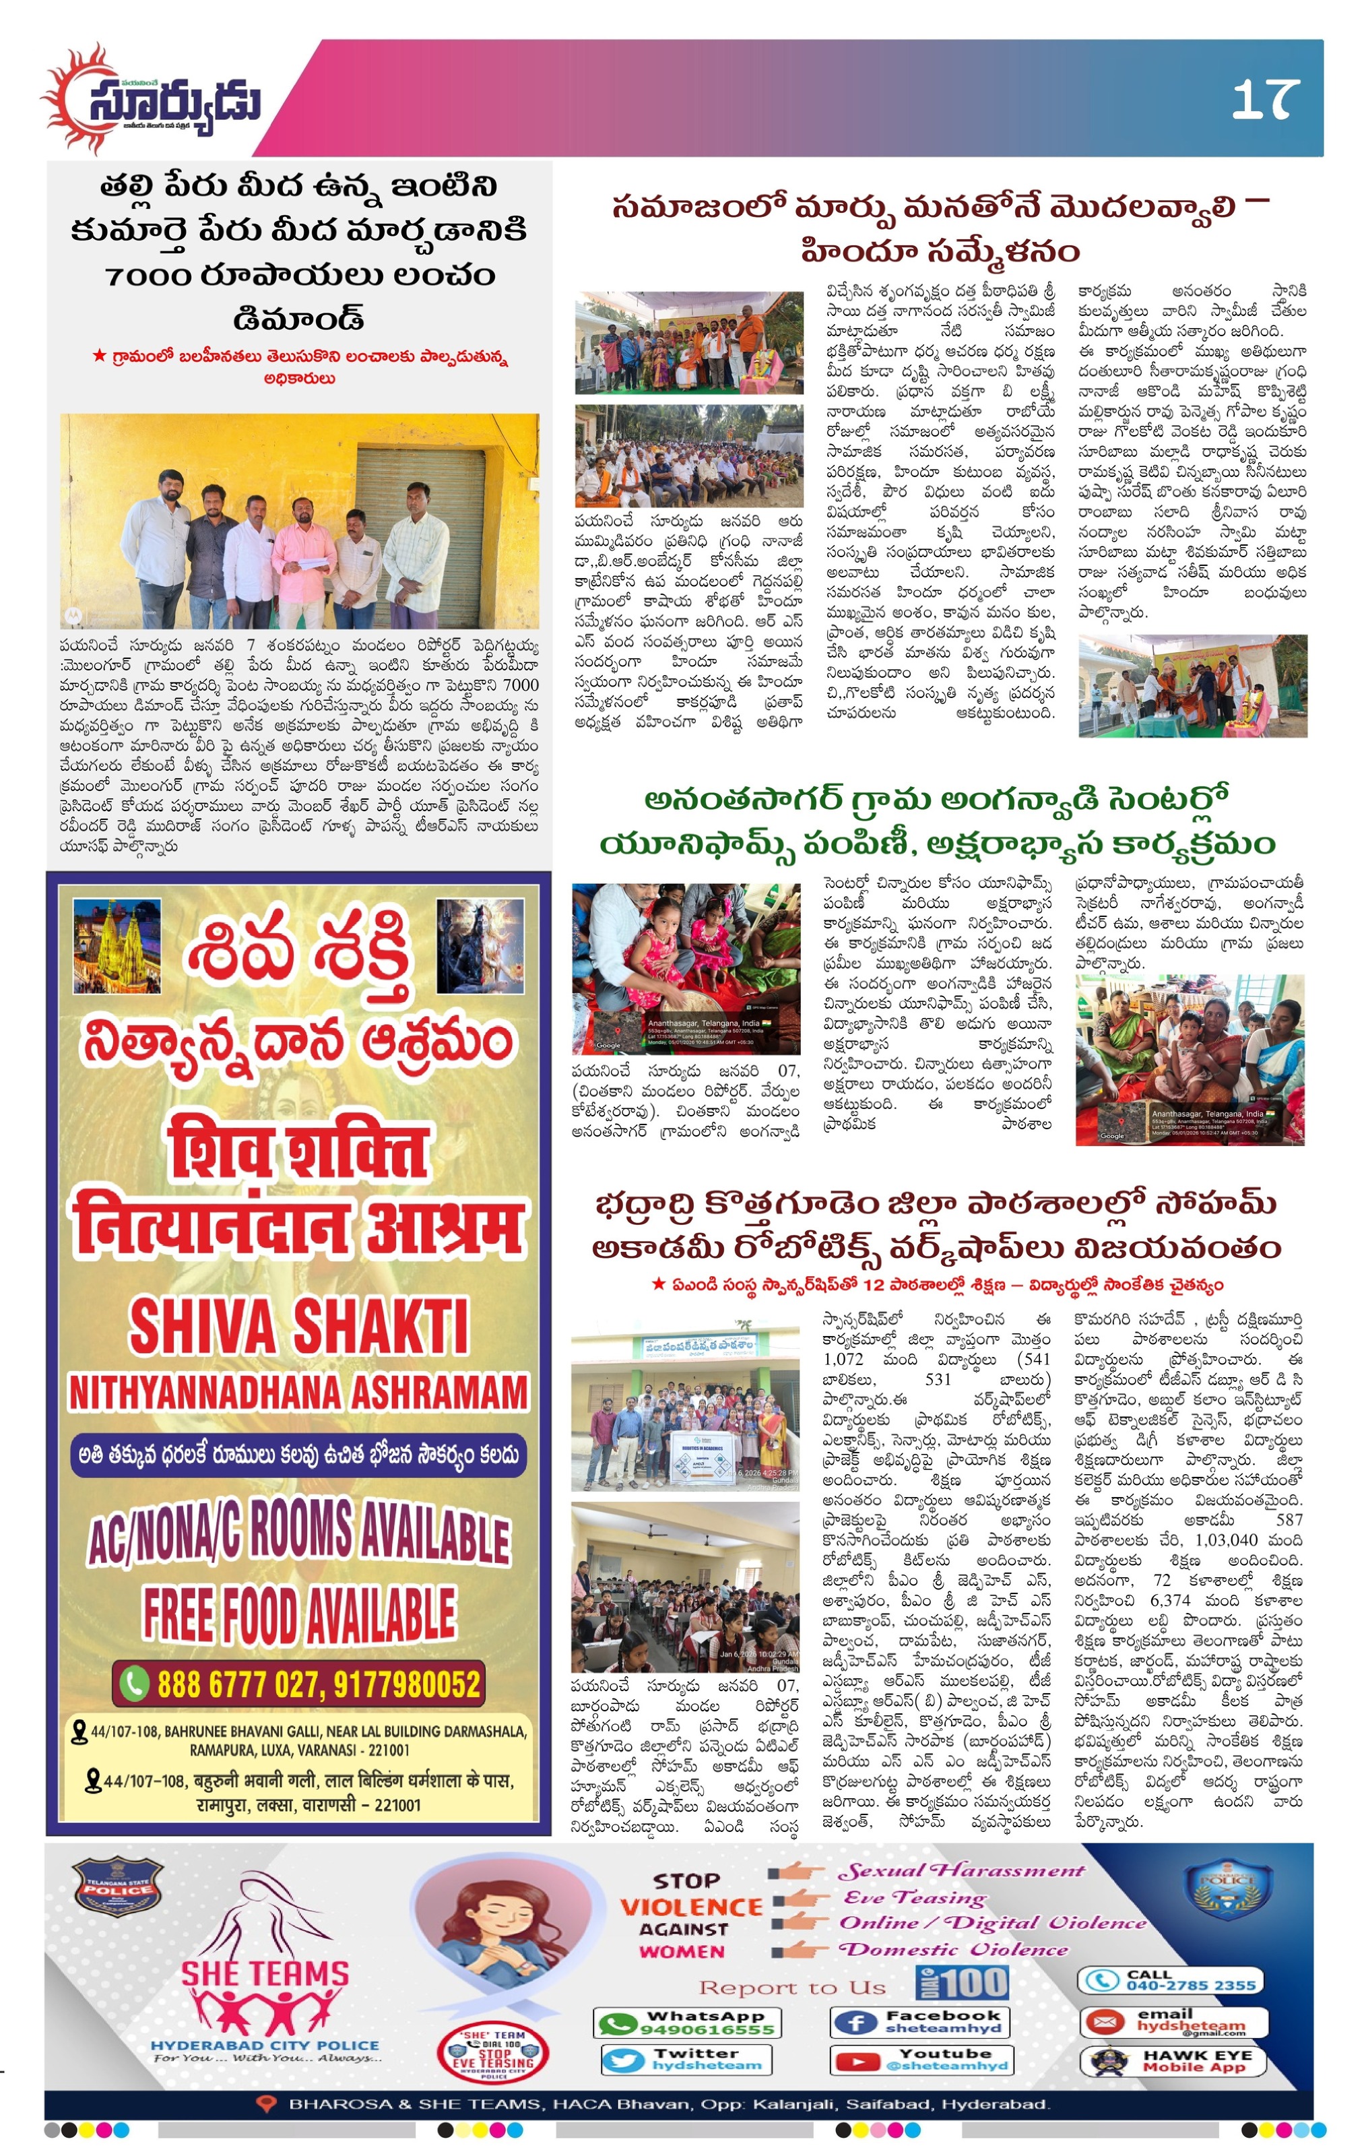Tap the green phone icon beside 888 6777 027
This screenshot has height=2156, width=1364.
pyautogui.click(x=134, y=1684)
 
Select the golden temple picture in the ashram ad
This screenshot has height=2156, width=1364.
pyautogui.click(x=117, y=947)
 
